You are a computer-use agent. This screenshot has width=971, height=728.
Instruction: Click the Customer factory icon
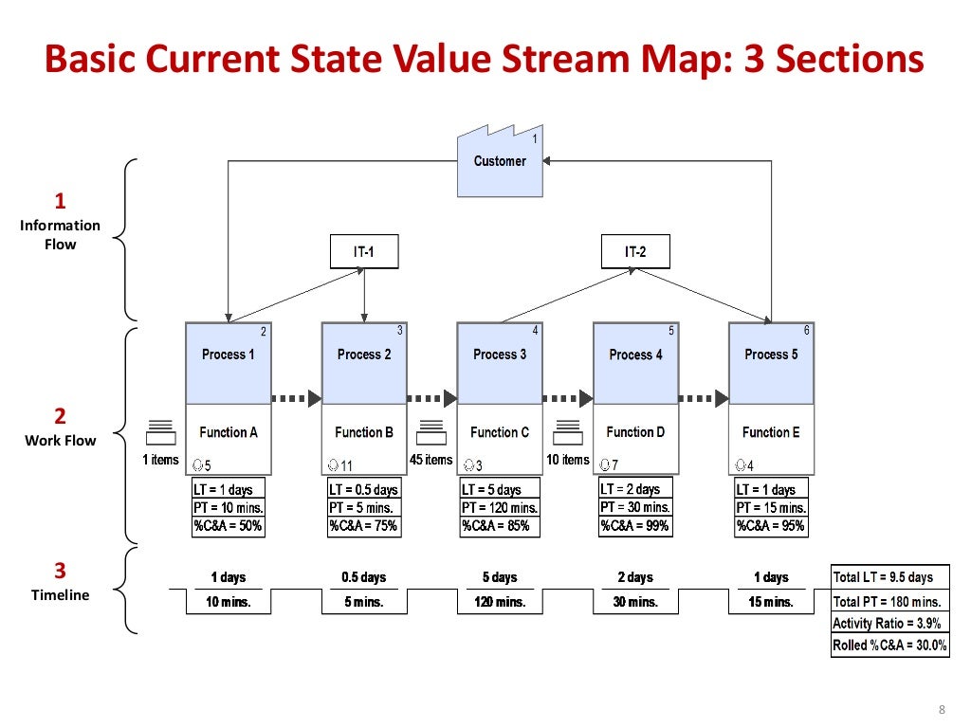point(500,162)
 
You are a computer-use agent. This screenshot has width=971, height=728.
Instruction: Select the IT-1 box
point(364,252)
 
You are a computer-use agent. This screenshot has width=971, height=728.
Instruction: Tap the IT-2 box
point(635,252)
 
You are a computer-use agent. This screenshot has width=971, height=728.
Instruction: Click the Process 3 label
point(500,355)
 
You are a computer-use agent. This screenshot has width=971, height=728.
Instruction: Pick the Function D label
point(635,432)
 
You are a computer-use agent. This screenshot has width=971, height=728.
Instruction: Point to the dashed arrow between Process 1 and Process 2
point(296,399)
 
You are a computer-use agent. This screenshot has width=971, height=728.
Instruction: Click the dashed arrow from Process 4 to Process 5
point(703,399)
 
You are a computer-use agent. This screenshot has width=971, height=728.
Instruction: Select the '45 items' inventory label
point(431,460)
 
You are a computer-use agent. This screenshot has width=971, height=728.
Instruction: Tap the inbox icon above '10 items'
point(567,432)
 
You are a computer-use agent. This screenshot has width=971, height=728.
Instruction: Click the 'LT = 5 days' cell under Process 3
point(500,489)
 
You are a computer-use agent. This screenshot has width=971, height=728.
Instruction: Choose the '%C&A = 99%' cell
point(635,526)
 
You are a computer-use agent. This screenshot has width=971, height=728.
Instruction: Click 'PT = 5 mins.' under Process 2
point(364,508)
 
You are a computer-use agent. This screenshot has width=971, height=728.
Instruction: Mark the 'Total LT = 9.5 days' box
point(889,577)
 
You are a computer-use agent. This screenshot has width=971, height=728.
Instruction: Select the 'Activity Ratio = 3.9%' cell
point(889,624)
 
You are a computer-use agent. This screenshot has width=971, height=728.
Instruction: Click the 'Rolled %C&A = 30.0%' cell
point(889,646)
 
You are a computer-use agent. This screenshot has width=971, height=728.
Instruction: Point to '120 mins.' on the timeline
point(500,602)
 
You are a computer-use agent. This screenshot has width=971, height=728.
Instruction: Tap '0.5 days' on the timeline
point(364,577)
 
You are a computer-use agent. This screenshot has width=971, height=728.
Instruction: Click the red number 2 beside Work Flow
point(60,416)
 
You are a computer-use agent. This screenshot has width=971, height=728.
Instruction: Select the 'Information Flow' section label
point(60,234)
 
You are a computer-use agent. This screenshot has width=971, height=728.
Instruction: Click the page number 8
point(942,710)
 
